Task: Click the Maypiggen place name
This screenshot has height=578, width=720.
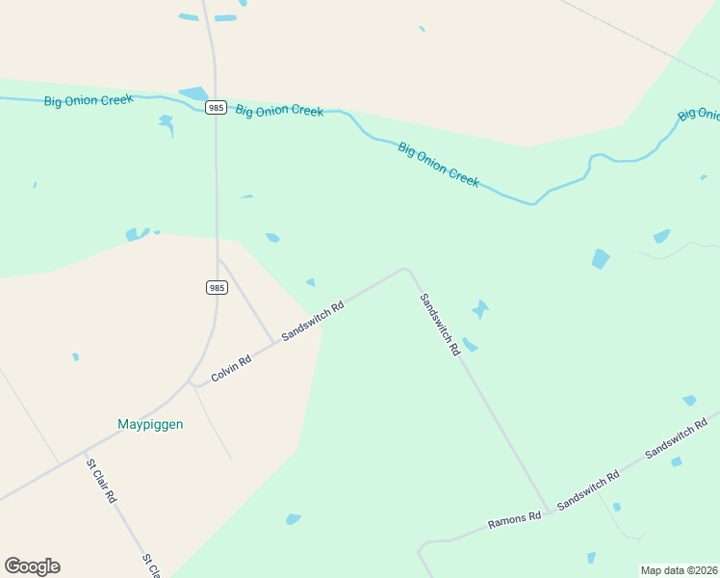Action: coord(150,424)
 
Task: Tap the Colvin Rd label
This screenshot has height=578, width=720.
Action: coord(231,366)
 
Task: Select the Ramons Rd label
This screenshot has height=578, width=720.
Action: coord(514,521)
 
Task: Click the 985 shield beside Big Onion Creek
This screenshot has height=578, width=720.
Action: coord(217,108)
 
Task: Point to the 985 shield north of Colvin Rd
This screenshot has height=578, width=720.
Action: coord(217,287)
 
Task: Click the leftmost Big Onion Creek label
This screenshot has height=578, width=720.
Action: coord(89,100)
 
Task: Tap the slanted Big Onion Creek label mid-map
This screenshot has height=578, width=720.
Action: coord(438,165)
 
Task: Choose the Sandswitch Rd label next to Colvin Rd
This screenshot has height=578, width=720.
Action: coord(313,322)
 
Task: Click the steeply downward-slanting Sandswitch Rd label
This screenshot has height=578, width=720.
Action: coord(440,325)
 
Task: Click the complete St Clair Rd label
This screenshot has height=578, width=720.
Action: coord(101,481)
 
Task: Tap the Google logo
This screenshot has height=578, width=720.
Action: coord(32,566)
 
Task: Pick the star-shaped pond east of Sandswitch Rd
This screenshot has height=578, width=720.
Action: coord(480,309)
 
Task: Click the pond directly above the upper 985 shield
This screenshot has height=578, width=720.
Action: coord(193,93)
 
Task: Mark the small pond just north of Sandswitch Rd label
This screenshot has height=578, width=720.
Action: coord(310,282)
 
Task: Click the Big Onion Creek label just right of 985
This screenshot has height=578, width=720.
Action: coord(279,111)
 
